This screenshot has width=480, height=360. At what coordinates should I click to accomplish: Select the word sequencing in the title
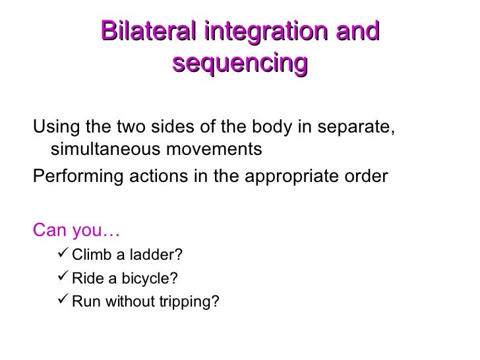240,63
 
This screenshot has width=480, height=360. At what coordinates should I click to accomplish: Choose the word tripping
196,302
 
